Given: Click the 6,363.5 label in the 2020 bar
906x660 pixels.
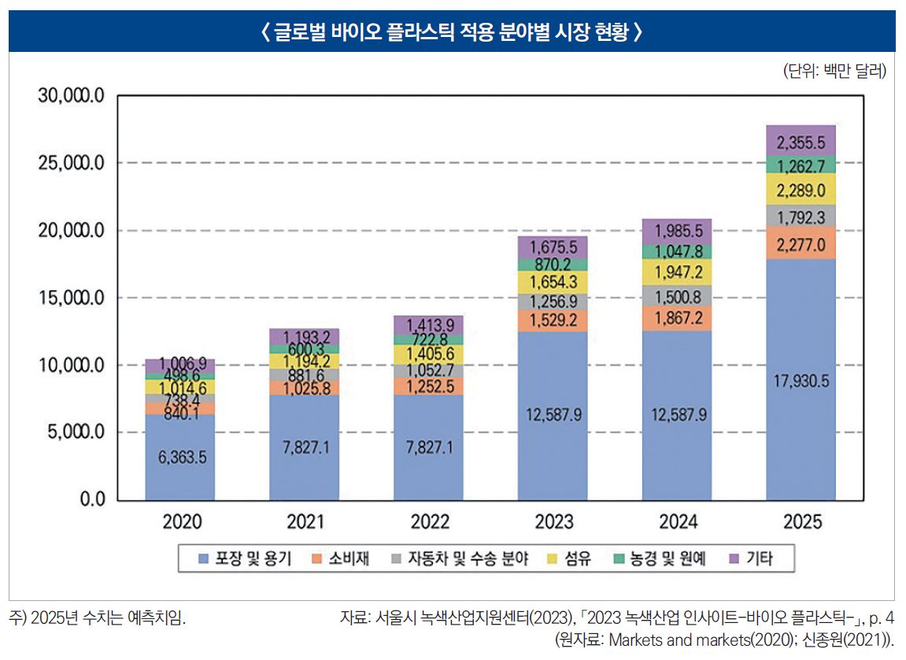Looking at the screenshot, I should pos(180,457).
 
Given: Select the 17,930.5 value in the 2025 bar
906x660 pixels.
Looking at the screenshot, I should pos(801,382).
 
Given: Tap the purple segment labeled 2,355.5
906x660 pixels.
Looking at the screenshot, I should pos(801,142).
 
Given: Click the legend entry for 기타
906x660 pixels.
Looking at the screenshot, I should pos(753,559).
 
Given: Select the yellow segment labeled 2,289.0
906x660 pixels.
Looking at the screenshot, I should pos(801,190).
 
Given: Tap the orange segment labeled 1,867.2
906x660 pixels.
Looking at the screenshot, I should pos(677,319).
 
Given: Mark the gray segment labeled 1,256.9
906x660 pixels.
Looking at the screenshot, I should pos(553,302).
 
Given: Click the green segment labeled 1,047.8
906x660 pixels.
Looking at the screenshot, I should pos(677,252).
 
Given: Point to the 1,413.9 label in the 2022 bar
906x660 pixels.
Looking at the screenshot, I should pos(429,325).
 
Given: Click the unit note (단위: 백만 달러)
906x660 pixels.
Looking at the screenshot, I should pos(834,72).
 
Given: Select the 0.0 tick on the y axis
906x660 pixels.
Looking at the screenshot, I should pos(90,500).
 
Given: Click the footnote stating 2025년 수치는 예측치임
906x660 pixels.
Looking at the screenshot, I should pos(98,618).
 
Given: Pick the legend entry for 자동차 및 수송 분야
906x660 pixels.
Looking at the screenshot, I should pos(460,559).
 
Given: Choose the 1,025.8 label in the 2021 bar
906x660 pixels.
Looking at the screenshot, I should pos(305,388).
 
